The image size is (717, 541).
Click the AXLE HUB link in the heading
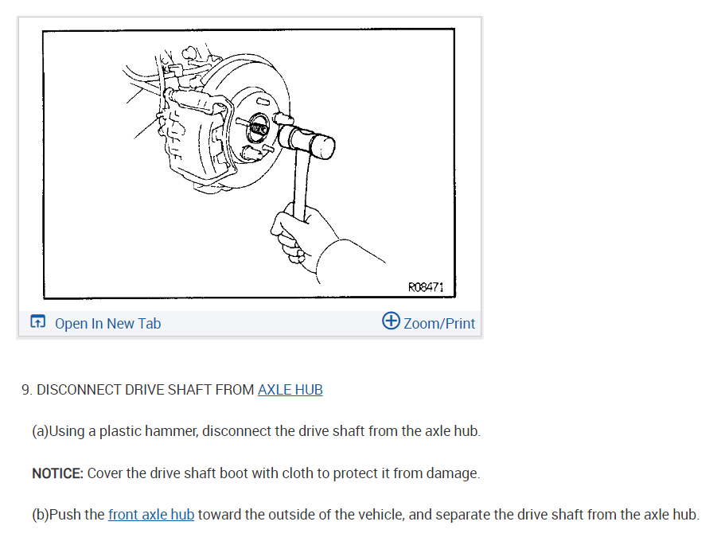[x=290, y=390]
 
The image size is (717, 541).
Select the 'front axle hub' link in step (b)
[x=151, y=515]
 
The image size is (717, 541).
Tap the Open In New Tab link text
[x=108, y=323]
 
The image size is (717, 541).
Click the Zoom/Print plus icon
[x=391, y=321]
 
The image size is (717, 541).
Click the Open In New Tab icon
[x=38, y=321]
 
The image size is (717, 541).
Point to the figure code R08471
[x=426, y=286]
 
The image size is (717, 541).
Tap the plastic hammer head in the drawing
[x=306, y=142]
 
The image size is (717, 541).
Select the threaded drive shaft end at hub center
[x=259, y=129]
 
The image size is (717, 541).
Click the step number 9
[x=26, y=390]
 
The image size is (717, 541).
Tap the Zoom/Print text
[x=439, y=323]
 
